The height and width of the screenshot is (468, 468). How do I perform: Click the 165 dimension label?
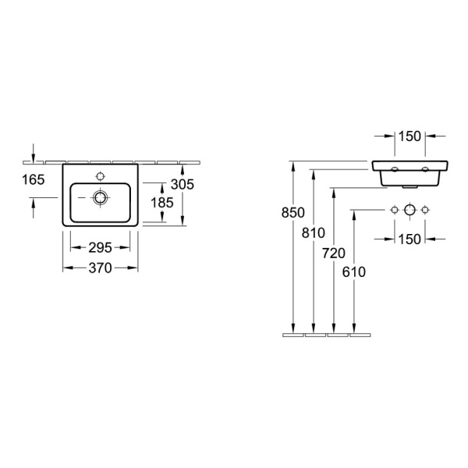coord(34,179)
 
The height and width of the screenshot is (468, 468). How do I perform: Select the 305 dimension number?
coord(183,184)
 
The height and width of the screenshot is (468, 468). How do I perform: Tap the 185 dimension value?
coord(162,203)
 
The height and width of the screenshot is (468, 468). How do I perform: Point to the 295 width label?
coord(101,247)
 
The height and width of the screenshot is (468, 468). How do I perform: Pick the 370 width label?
coord(101,268)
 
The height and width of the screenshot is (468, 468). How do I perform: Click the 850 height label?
coord(293,212)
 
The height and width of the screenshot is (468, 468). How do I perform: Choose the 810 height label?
coord(314,232)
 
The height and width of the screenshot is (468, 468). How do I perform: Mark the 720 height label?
coord(334,253)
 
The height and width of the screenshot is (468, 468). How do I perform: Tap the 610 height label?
coord(354,272)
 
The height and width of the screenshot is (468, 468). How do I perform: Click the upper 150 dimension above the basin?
coord(409,136)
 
